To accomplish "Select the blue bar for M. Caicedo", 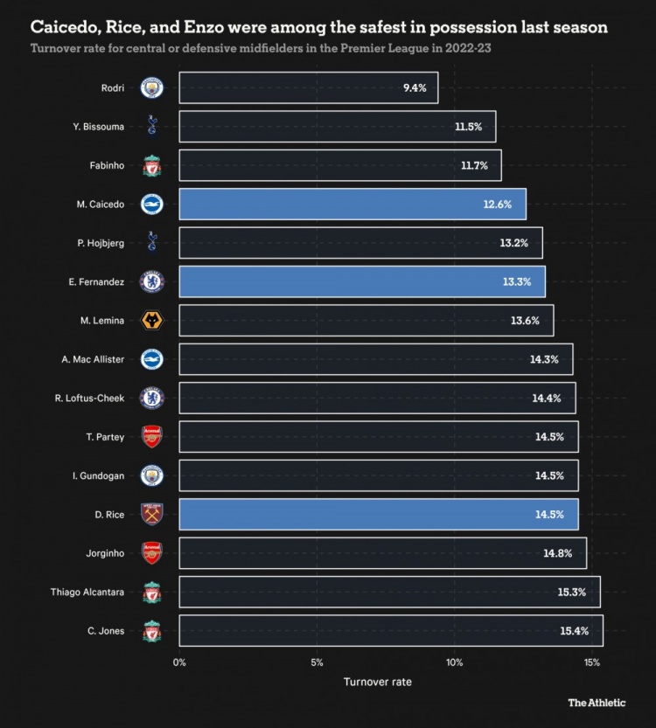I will click(x=352, y=204).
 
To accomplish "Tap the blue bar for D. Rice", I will click(x=378, y=514).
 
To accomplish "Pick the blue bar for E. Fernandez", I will click(x=361, y=281).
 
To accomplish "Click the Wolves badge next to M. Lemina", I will click(x=152, y=321).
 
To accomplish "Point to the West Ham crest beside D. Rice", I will click(x=152, y=514).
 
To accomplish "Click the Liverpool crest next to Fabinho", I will click(x=152, y=165).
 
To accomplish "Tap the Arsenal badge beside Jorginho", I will click(x=152, y=553).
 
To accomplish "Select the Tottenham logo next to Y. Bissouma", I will click(x=152, y=127).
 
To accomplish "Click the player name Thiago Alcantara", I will click(x=87, y=592).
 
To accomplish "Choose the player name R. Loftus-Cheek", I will click(x=89, y=398).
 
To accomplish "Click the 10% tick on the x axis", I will click(x=454, y=662).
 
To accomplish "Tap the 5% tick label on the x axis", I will click(x=317, y=662).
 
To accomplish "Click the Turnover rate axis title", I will click(x=377, y=682).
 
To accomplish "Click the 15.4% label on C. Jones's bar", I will click(x=574, y=631).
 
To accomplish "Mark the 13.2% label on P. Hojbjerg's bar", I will click(x=513, y=243).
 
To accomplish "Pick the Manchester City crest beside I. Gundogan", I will click(x=152, y=475).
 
